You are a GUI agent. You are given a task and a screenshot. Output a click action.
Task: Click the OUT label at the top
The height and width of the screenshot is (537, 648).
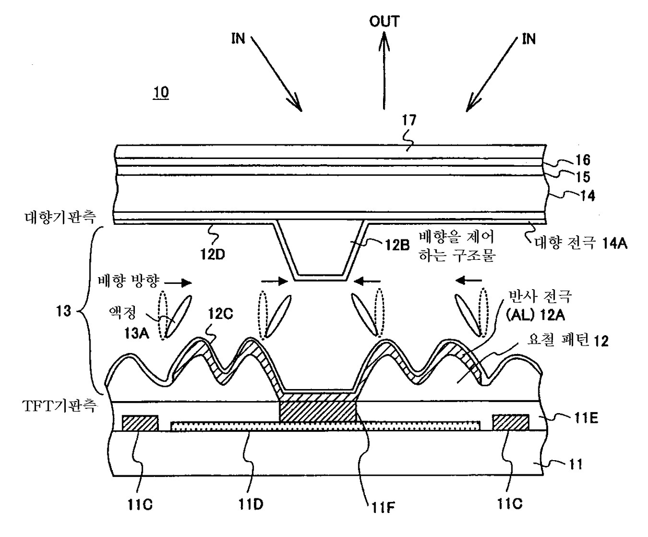click(384, 21)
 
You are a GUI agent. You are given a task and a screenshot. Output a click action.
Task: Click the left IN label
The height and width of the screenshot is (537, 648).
click(238, 39)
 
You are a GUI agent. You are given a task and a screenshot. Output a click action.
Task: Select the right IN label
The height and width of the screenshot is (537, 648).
click(529, 39)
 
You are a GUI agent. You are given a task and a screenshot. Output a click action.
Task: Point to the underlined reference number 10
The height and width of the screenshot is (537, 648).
click(161, 93)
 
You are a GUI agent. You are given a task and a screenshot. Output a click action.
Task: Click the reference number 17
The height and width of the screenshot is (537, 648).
click(409, 120)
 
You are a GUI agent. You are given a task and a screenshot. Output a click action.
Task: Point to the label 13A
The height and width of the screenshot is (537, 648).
click(136, 333)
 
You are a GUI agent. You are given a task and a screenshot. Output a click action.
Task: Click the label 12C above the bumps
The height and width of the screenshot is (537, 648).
click(220, 314)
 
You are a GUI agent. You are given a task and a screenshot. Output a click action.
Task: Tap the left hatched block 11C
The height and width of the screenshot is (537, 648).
click(140, 422)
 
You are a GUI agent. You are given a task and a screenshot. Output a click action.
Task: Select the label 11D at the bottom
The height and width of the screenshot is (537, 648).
click(251, 504)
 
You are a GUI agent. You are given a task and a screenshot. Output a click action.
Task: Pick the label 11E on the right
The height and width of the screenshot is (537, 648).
click(585, 418)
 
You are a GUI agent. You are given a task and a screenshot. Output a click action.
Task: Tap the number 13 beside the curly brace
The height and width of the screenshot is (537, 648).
click(63, 311)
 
